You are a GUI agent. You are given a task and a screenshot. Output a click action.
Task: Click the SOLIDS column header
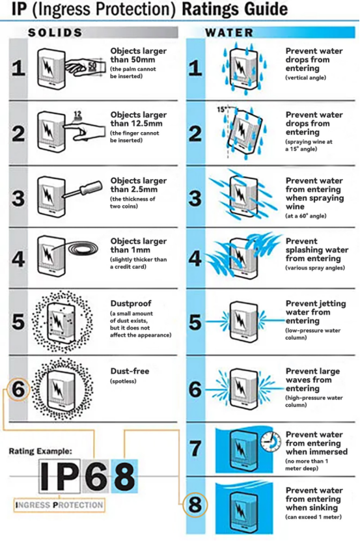[55, 33]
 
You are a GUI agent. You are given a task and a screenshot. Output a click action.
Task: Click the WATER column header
[230, 33]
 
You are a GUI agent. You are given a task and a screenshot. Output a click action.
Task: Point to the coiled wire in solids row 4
[83, 249]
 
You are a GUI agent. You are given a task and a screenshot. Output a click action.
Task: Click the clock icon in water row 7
[270, 441]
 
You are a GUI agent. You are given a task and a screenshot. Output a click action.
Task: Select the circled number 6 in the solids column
[18, 389]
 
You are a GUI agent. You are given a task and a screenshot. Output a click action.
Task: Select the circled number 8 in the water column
[195, 505]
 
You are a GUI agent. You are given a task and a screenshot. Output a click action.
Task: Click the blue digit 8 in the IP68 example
[124, 476]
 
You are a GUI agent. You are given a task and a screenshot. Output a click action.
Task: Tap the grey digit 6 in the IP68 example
[96, 476]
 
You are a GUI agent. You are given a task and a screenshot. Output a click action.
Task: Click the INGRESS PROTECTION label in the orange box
[59, 505]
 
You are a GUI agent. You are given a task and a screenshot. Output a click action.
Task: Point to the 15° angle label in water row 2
[221, 110]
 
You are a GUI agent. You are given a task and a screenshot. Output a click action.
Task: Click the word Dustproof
[131, 303]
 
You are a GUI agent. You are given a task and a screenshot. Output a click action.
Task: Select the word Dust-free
[130, 371]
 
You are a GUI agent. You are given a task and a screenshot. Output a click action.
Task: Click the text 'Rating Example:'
[40, 451]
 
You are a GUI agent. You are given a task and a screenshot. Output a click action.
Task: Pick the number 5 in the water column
[195, 322]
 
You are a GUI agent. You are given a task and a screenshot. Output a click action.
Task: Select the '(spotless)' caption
[123, 381]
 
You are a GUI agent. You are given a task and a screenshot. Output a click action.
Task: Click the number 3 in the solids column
[18, 198]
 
